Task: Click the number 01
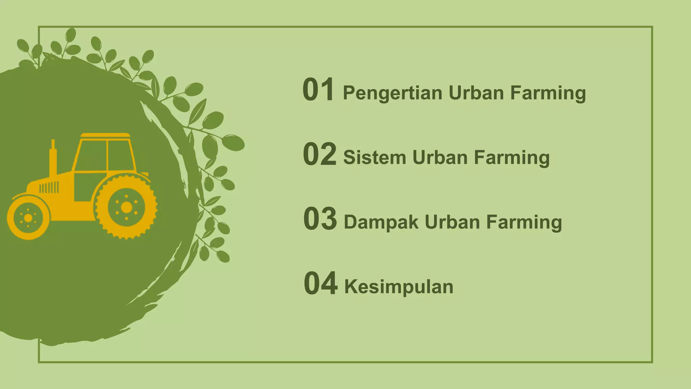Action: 318,89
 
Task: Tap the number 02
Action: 319,154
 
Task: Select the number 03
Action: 320,219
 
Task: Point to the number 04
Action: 320,283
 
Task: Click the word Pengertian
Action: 392,93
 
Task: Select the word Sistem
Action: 375,158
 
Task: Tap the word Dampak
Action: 381,223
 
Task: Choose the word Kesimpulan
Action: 398,287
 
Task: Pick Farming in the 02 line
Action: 512,158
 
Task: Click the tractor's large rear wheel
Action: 126,207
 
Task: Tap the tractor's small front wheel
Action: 28,218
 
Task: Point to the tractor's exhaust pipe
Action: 53,157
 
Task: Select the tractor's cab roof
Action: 105,135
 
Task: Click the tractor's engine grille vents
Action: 49,187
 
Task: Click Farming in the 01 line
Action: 548,93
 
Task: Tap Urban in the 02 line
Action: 440,158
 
